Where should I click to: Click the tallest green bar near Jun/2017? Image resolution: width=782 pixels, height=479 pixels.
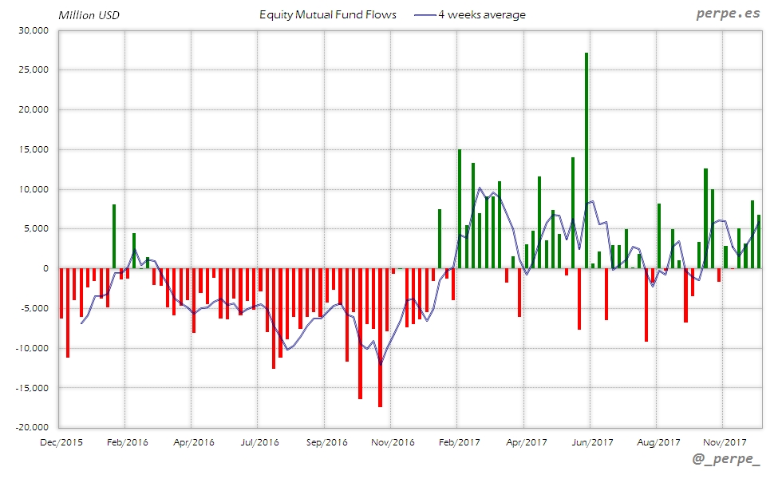586,160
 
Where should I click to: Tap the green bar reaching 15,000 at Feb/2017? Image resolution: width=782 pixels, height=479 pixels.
460,208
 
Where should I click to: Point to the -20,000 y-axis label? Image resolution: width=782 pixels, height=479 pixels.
31,427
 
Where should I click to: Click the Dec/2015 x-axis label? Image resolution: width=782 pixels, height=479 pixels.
61,441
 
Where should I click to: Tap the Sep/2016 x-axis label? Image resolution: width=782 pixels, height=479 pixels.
326,441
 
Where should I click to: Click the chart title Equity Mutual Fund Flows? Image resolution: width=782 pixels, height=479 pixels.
328,15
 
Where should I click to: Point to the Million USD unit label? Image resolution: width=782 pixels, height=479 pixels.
89,15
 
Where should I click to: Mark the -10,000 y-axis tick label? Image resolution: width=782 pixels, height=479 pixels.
31,348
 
